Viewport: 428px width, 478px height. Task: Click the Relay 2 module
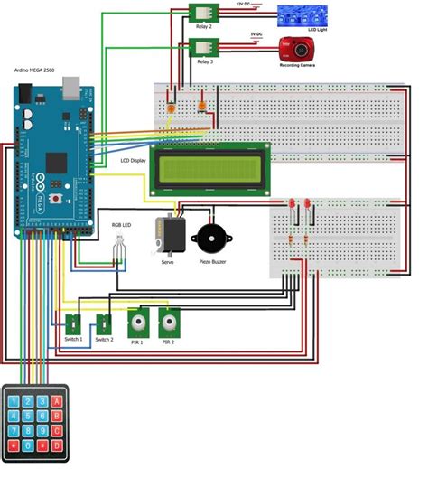204,12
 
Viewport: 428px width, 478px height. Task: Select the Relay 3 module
204,48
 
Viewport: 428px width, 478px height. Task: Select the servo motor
170,236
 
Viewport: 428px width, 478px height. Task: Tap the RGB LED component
118,246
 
